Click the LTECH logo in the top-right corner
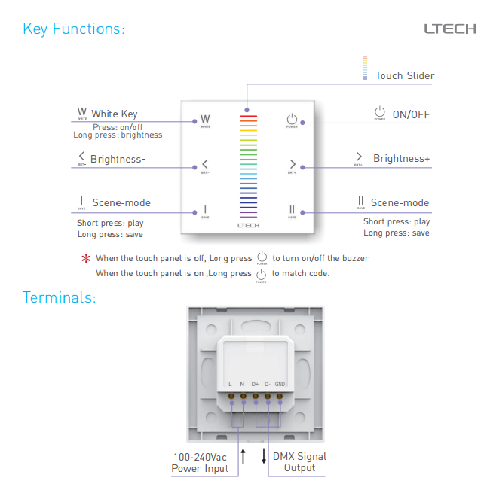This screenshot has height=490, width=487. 449,29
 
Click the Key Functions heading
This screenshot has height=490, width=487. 73,29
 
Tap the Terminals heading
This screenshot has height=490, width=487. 59,297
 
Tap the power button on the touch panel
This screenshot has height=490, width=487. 292,120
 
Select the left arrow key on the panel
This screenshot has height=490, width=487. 205,164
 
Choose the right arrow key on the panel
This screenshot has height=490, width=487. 292,164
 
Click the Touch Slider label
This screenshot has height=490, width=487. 405,75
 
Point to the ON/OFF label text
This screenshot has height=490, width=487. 411,114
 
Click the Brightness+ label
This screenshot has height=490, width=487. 401,158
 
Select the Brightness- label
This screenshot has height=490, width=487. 118,159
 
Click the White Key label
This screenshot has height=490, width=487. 114,114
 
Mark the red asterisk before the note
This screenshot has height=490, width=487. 85,258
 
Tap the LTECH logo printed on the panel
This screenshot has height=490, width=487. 248,225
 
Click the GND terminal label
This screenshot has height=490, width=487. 280,384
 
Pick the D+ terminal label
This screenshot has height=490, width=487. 255,384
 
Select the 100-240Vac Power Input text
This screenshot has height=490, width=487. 200,462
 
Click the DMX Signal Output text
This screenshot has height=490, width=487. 299,462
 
